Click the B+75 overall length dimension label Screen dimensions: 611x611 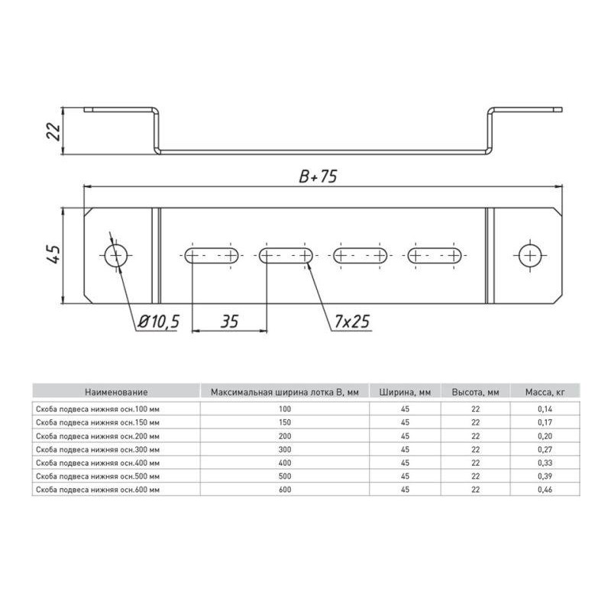[x=318, y=176]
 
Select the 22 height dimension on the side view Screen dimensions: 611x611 [x=53, y=131]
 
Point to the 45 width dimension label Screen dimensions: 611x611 [x=53, y=254]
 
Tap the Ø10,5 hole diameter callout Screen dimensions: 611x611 [x=159, y=322]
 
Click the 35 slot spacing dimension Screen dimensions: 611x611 [x=229, y=322]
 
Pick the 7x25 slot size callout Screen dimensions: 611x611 [x=352, y=322]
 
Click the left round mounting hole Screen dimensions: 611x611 [x=116, y=255]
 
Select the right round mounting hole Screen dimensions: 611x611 [x=530, y=256]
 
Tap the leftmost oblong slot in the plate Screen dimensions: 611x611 [x=212, y=256]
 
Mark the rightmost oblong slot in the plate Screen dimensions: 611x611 [x=435, y=256]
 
